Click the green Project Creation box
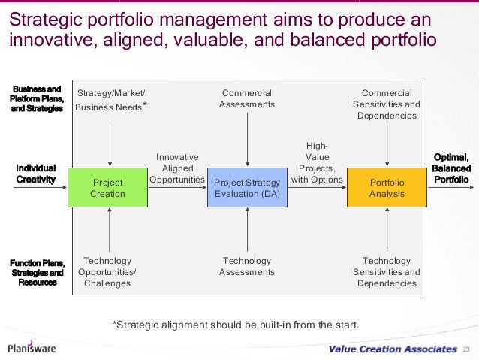click(108, 188)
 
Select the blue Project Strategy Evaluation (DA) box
click(247, 188)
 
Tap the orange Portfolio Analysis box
click(387, 188)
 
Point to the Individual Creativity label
click(36, 173)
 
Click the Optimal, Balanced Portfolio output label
click(451, 168)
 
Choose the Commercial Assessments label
click(247, 98)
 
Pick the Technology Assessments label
click(247, 266)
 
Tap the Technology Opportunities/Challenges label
click(108, 272)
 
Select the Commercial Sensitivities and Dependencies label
click(387, 104)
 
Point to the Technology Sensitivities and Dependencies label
click(387, 272)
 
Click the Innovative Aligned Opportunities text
click(177, 168)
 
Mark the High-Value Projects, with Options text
click(317, 163)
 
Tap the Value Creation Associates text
click(392, 349)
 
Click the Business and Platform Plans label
click(36, 98)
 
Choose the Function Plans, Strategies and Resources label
click(36, 272)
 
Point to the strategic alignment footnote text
click(236, 325)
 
